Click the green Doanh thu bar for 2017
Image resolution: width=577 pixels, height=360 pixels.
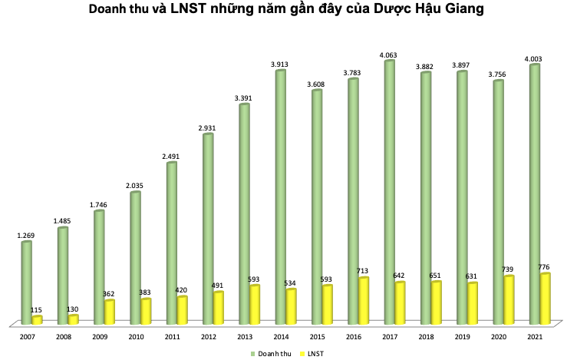point(389,192)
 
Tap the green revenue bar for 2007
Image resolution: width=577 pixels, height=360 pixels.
point(26,282)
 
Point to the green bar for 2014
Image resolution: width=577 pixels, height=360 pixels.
point(281,197)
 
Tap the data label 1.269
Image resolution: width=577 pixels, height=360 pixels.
point(26,233)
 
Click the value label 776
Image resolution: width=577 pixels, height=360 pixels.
point(545,266)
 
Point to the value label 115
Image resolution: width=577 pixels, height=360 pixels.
point(37,309)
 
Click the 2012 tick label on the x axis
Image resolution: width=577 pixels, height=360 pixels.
point(208,337)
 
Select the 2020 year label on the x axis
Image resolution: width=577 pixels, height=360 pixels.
point(498,337)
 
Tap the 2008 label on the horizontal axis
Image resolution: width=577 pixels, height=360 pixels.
point(63,337)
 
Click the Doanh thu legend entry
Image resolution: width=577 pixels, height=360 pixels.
point(270,352)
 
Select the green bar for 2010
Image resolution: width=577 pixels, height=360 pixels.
point(135,258)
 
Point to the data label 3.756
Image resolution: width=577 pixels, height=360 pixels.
point(498,72)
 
